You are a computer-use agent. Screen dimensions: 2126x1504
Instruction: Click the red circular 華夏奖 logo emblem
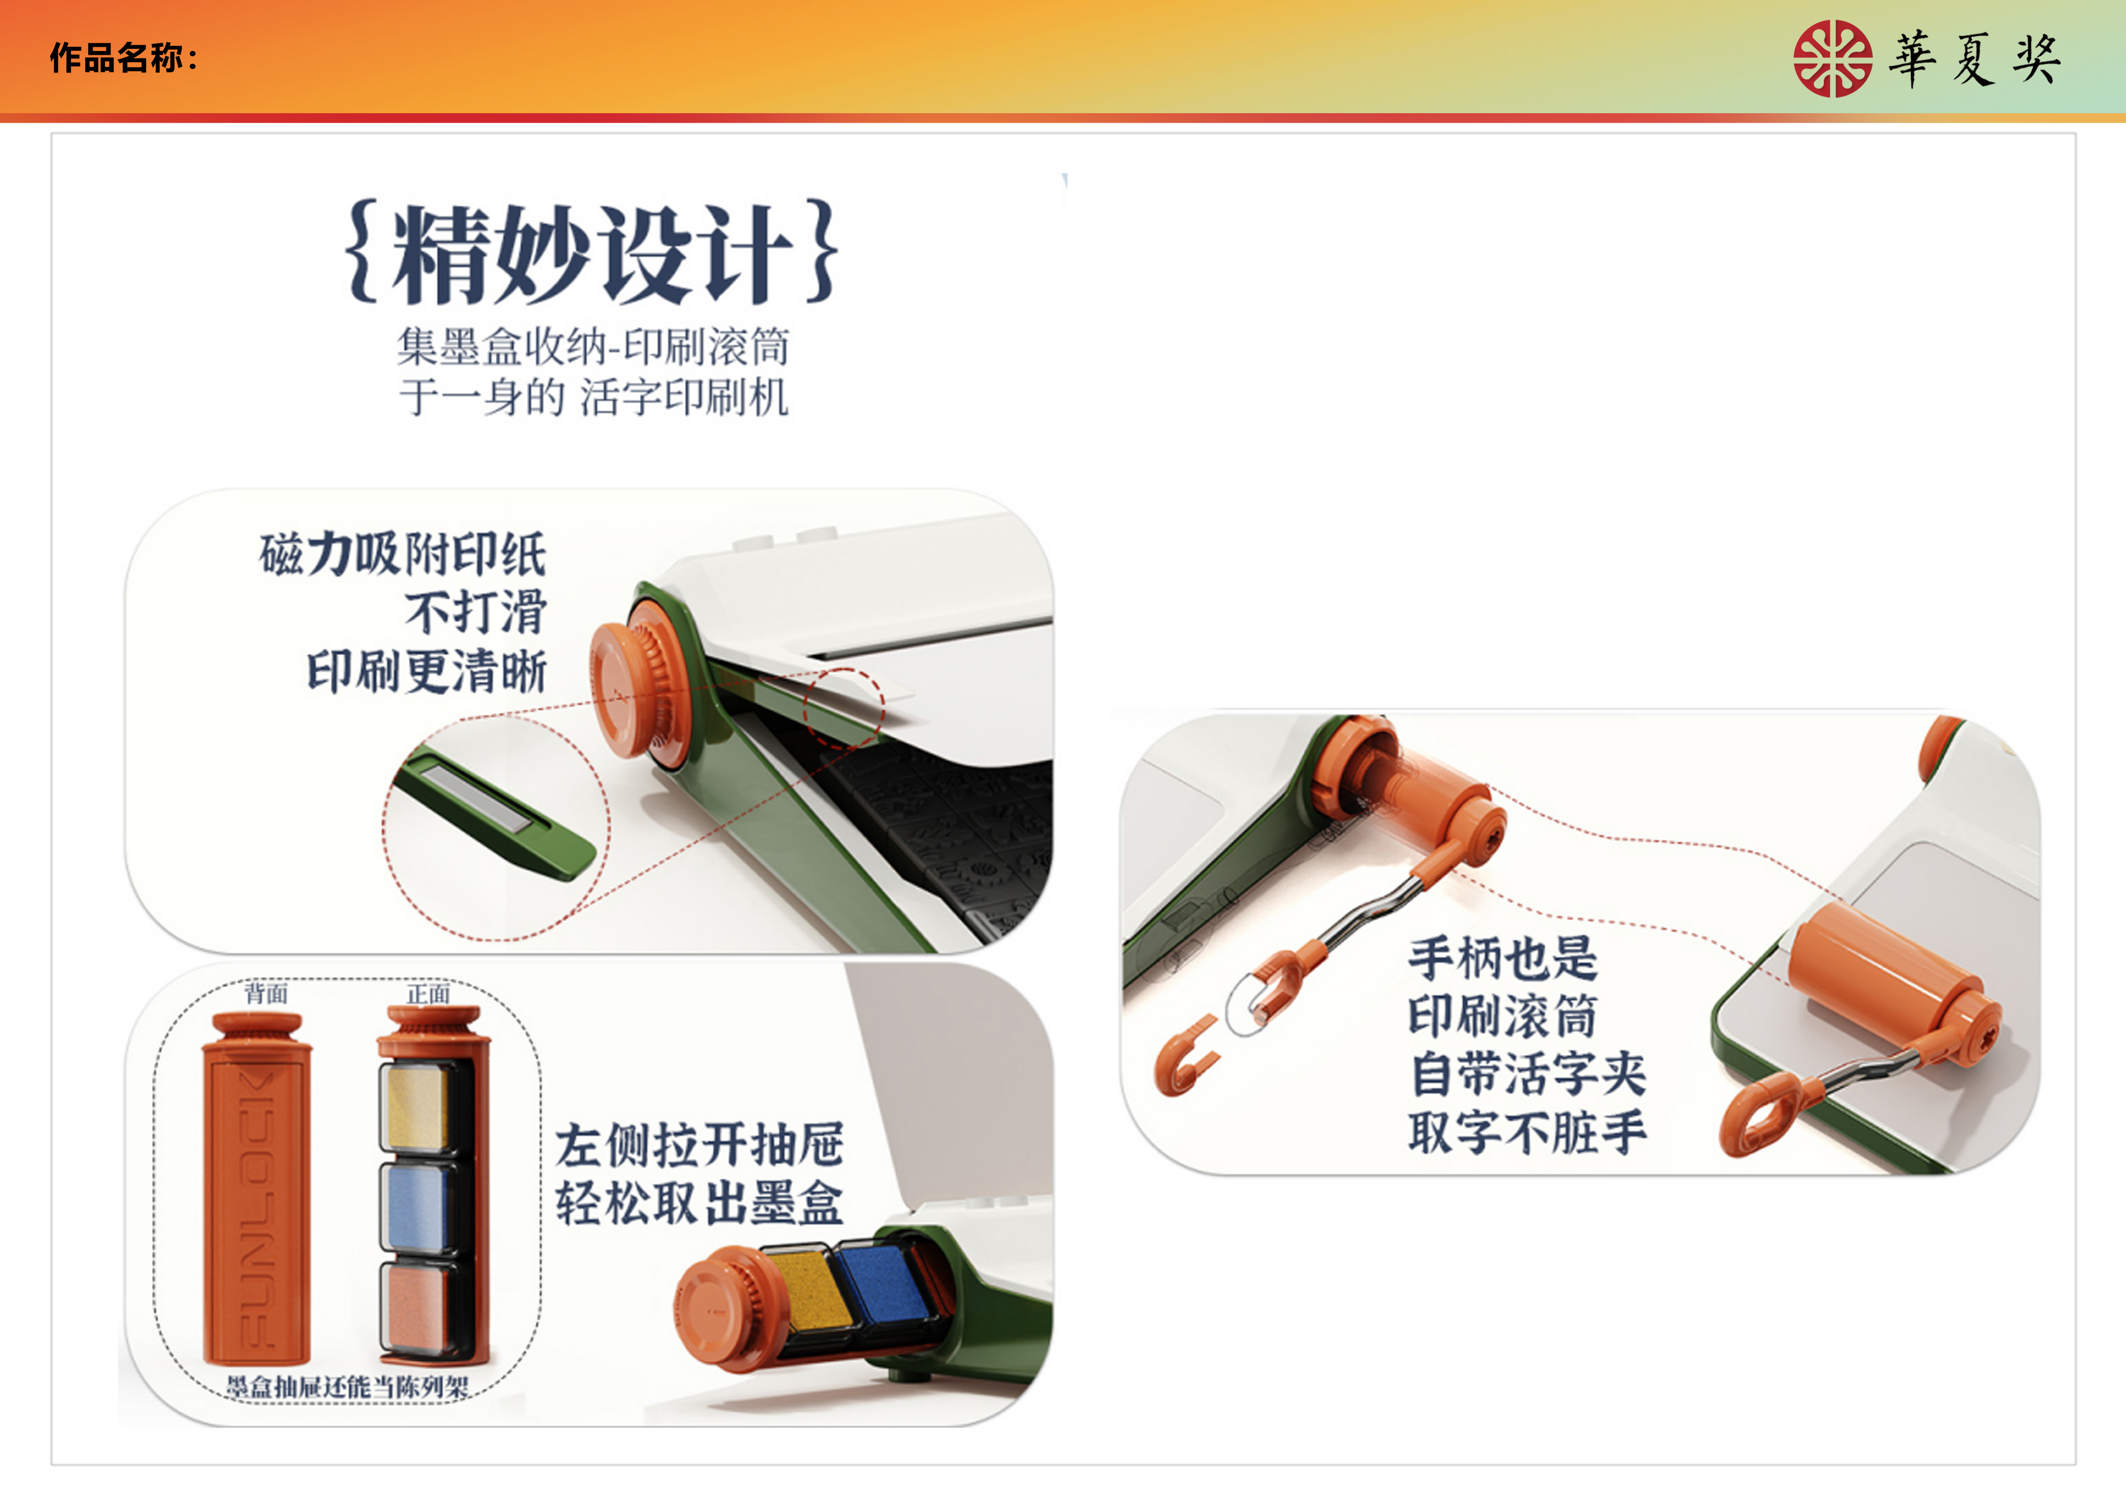click(x=1832, y=58)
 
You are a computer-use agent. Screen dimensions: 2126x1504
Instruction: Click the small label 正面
click(x=428, y=994)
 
